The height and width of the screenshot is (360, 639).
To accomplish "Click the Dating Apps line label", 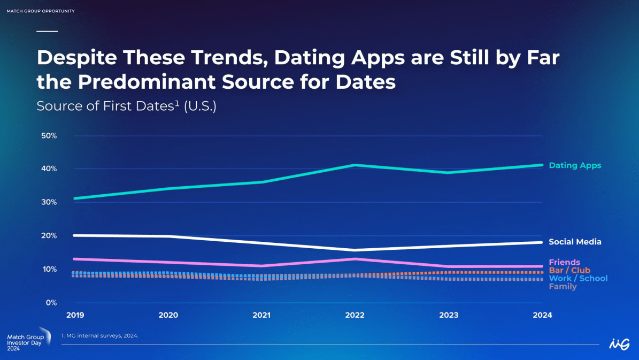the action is click(x=575, y=165).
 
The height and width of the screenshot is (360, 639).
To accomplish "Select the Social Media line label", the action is click(x=575, y=242).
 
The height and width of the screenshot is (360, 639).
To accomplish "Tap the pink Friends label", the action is click(x=564, y=262).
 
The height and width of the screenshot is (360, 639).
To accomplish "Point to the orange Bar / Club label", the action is click(x=569, y=270).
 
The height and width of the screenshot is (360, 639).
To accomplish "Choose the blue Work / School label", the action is click(x=578, y=279).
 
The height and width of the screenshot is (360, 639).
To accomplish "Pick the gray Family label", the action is click(x=563, y=287).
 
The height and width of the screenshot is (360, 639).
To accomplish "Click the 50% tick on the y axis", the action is click(x=49, y=136).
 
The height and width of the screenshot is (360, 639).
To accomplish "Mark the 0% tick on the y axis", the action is click(x=51, y=303).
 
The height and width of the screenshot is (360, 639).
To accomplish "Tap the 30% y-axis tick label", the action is click(x=49, y=202).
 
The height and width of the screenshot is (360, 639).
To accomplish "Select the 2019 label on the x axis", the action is click(x=75, y=315).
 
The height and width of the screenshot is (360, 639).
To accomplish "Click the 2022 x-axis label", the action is click(x=355, y=315).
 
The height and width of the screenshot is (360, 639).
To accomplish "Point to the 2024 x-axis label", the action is click(x=542, y=315).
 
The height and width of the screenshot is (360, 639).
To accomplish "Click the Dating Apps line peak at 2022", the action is click(x=355, y=165).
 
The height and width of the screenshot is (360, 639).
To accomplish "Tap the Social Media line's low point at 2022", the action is click(x=355, y=250).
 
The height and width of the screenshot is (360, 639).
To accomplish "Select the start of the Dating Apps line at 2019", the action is click(x=75, y=198).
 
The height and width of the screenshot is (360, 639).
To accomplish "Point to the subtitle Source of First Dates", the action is click(x=105, y=106).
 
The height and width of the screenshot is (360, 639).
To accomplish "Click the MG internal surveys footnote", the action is click(x=100, y=336).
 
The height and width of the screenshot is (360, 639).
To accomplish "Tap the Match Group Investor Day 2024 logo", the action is click(x=28, y=339).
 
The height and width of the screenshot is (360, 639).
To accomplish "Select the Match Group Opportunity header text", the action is click(x=41, y=11).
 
